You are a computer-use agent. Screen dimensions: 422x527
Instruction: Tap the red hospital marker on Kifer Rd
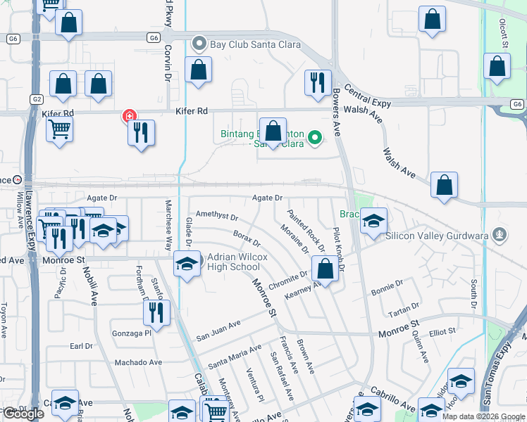coord(129,116)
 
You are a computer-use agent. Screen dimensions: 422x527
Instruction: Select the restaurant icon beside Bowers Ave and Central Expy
coord(317,82)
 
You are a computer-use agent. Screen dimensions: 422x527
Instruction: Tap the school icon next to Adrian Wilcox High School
coord(186,264)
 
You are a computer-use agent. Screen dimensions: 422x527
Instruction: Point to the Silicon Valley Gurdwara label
coord(438,236)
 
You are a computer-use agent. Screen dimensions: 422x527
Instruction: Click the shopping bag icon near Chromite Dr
coord(325,268)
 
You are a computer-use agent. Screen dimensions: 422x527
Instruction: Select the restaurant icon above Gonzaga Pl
coord(156,312)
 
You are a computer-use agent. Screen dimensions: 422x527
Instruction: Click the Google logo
coord(23,414)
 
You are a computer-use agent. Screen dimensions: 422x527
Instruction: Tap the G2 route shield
coord(36,99)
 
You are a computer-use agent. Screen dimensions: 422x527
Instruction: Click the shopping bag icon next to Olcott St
coord(497,67)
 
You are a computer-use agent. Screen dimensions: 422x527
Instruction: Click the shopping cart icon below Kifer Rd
coord(59,129)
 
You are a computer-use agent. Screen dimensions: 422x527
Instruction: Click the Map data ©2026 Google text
coord(484,416)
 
